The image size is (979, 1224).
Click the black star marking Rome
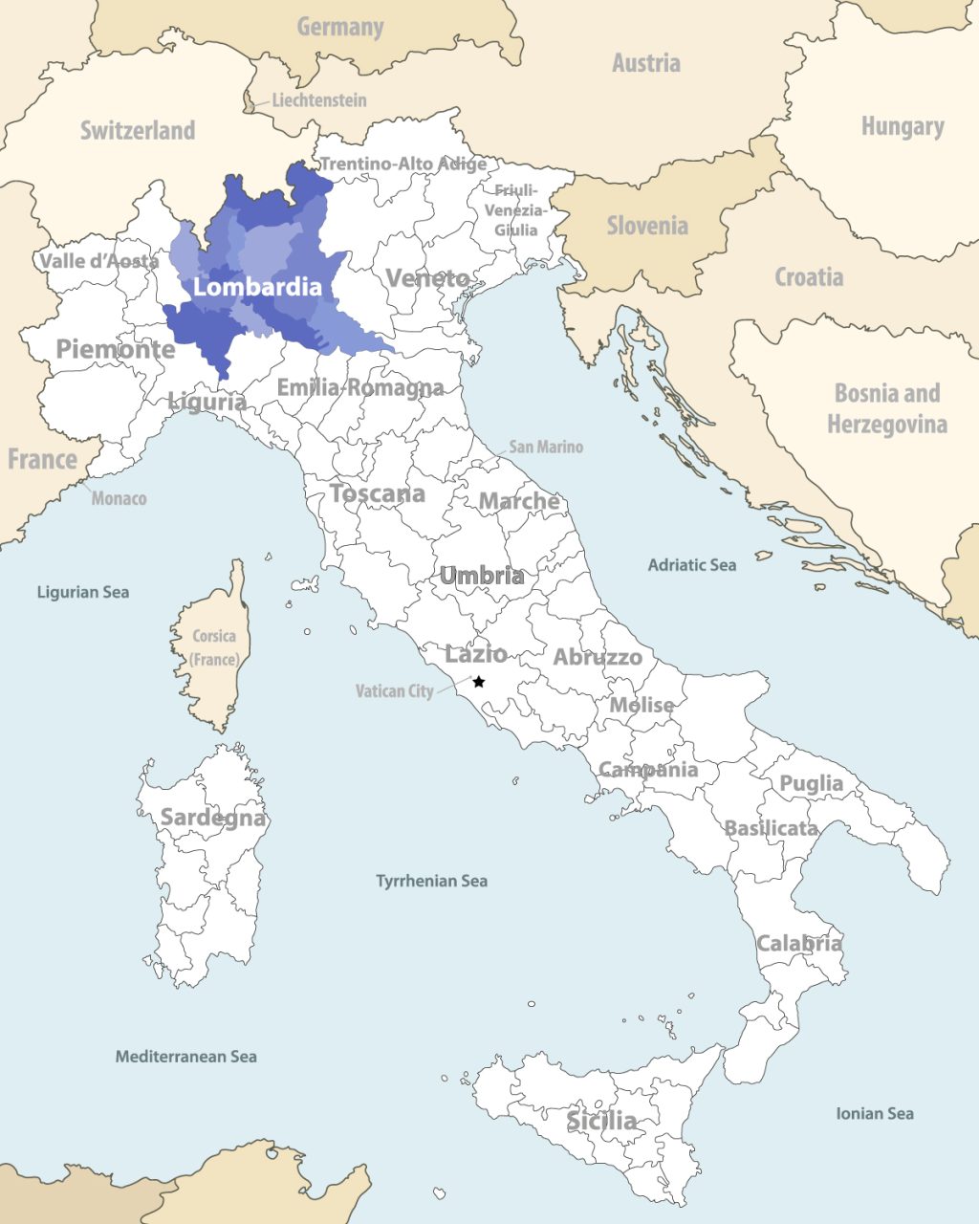[x=479, y=682]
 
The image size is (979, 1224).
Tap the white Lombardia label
[x=257, y=287]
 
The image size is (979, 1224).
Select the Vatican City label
[x=394, y=690]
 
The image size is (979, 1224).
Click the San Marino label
[x=545, y=447]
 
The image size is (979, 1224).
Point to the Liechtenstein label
[x=318, y=99]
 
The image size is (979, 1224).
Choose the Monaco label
[x=119, y=498]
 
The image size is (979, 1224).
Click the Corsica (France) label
[x=214, y=647]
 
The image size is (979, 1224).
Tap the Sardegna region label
[x=212, y=818]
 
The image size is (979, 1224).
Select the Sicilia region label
[x=601, y=1120]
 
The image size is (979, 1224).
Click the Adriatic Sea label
[x=691, y=565]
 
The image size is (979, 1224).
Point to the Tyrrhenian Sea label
[x=431, y=881]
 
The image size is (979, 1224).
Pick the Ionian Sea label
[x=874, y=1113]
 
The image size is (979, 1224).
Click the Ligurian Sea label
[x=82, y=592]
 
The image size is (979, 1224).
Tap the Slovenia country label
[x=647, y=226]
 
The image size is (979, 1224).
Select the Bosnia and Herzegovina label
[x=886, y=408]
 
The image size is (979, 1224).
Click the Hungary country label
[x=902, y=126]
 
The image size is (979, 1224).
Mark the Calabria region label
[x=799, y=943]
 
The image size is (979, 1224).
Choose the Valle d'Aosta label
[x=98, y=261]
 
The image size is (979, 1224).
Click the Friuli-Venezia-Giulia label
[x=516, y=210]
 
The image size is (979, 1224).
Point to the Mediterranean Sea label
[x=185, y=1057]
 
